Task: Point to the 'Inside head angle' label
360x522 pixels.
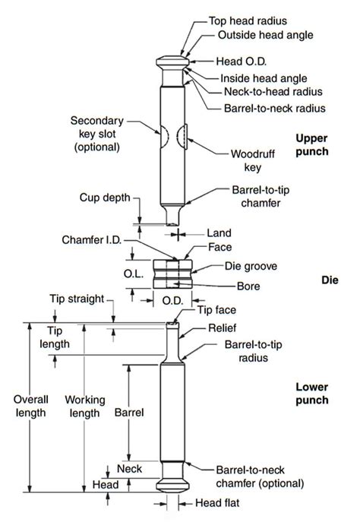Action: [261, 78]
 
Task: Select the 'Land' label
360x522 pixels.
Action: [223, 233]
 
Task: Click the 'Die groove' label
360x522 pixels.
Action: [251, 267]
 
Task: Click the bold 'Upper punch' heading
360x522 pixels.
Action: [312, 144]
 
